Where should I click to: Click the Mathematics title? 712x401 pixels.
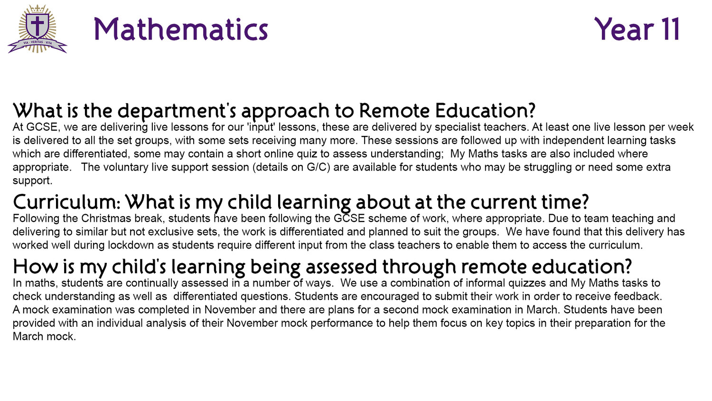pos(181,29)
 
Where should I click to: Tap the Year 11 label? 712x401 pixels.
pos(637,29)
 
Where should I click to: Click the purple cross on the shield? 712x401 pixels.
pos(37,25)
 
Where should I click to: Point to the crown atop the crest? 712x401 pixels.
pos(37,8)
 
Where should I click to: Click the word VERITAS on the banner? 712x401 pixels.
pos(37,42)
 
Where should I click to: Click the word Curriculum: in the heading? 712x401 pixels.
pos(67,202)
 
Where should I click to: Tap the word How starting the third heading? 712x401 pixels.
pos(35,267)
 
